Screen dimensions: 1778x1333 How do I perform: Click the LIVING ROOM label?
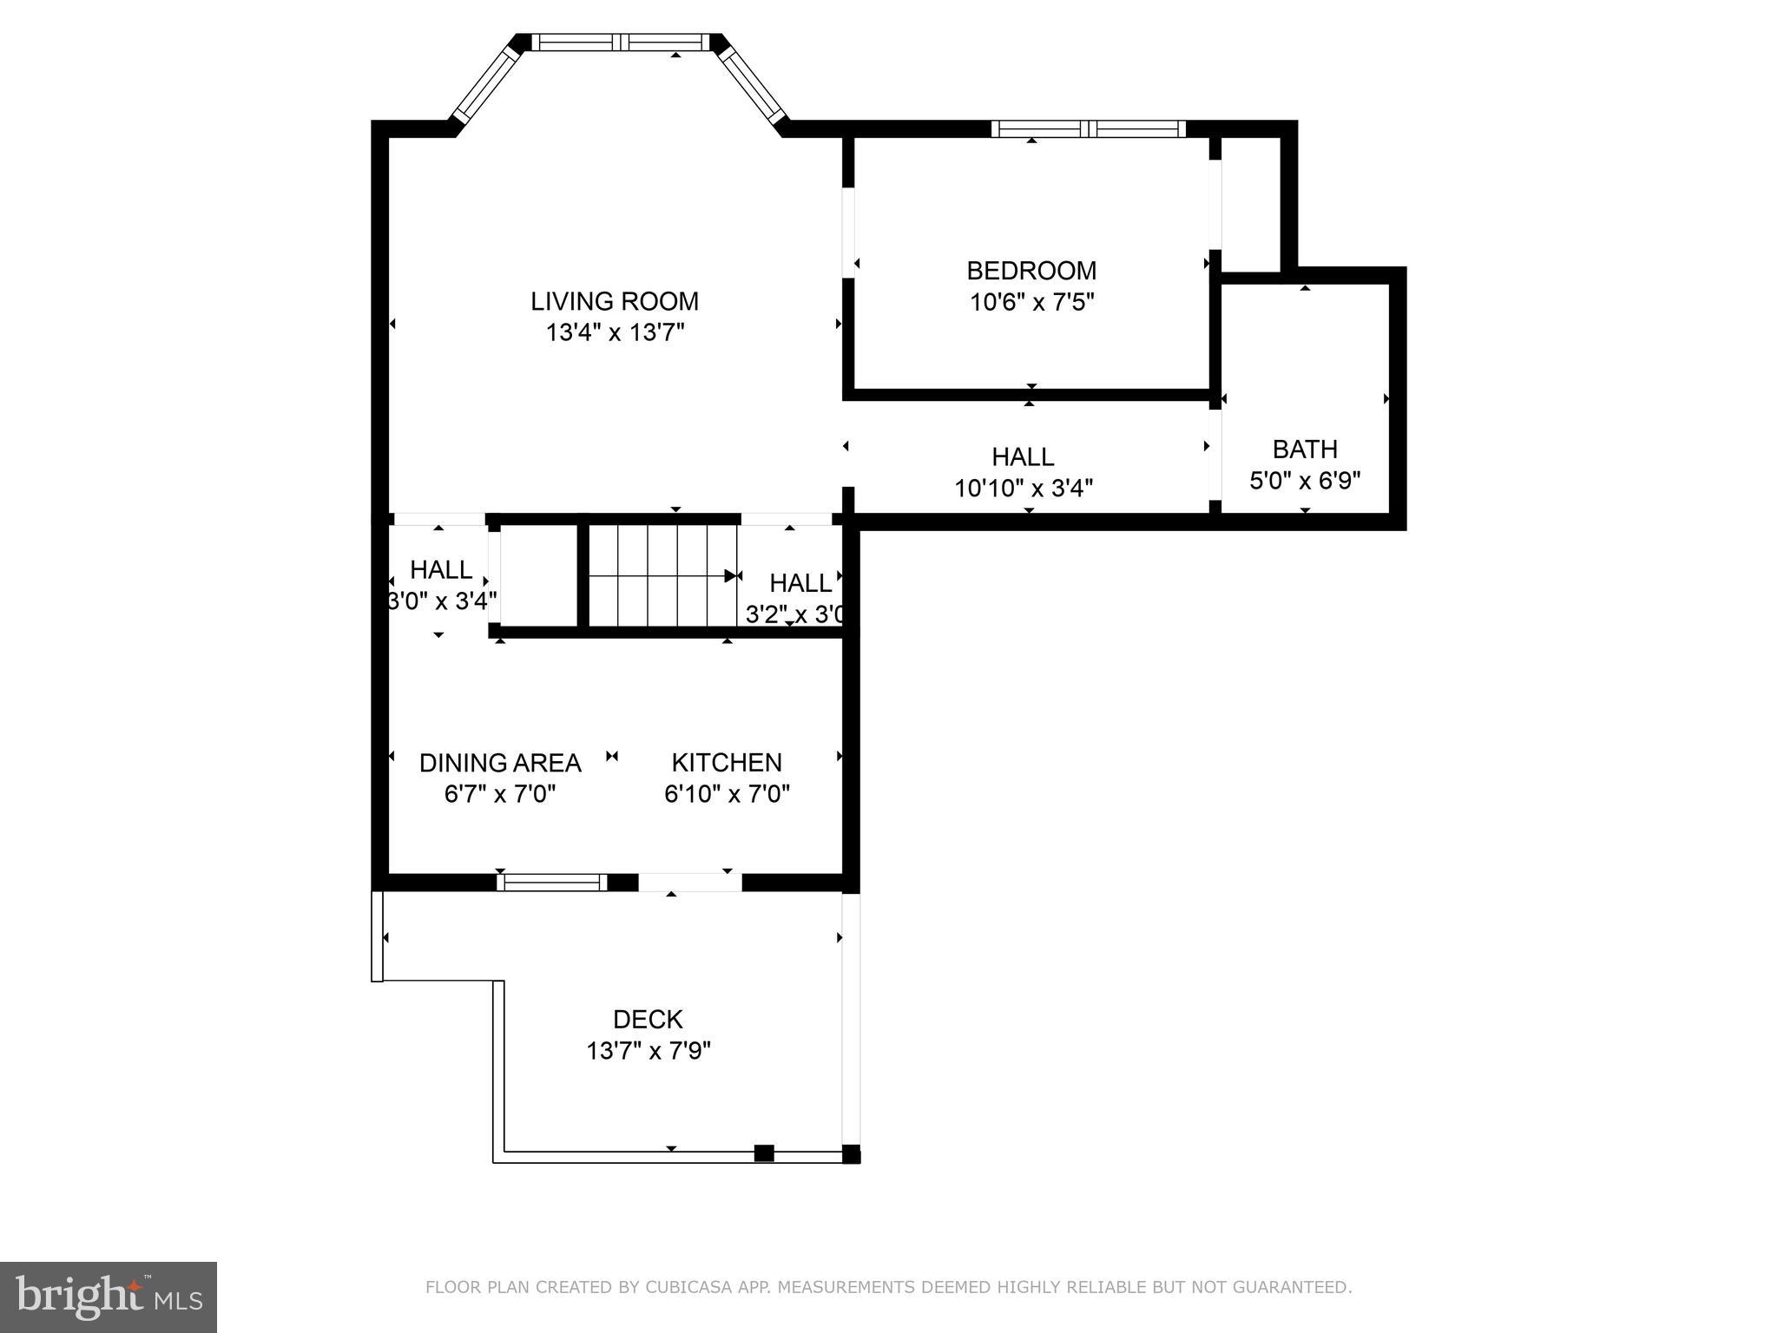click(615, 301)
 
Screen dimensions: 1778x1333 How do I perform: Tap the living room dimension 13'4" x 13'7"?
click(616, 332)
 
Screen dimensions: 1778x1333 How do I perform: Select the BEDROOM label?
click(1031, 271)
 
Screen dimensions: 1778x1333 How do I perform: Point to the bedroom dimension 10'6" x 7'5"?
click(1031, 302)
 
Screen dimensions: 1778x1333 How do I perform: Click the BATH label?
click(1305, 449)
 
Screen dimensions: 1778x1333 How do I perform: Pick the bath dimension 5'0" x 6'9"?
click(1305, 480)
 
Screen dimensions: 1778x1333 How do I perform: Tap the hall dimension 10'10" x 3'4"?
click(1024, 488)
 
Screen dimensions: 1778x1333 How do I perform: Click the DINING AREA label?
click(500, 763)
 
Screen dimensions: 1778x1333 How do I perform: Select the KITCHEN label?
click(727, 762)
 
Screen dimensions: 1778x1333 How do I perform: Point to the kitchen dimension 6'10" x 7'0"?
click(727, 793)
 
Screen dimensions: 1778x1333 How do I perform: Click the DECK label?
click(648, 1019)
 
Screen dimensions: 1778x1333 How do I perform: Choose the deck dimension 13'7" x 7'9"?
click(649, 1051)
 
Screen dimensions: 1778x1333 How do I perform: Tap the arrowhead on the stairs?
click(731, 575)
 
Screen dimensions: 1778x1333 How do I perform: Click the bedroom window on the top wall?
click(1089, 129)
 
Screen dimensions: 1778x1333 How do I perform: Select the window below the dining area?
click(552, 883)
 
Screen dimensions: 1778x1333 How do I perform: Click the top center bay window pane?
click(621, 42)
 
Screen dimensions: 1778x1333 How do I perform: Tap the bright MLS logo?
click(109, 1297)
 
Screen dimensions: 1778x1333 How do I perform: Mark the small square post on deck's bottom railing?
click(764, 1153)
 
